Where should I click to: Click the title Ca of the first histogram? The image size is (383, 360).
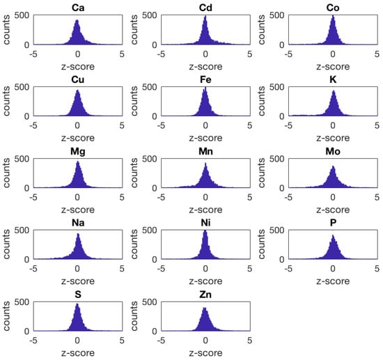pyautogui.click(x=77, y=7)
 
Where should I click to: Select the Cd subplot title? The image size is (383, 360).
pyautogui.click(x=205, y=7)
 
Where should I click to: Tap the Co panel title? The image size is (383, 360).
pyautogui.click(x=333, y=7)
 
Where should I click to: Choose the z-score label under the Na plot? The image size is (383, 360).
pyautogui.click(x=77, y=279)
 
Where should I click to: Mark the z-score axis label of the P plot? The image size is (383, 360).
pyautogui.click(x=333, y=279)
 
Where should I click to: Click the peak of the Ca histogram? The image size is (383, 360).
pyautogui.click(x=77, y=20)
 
